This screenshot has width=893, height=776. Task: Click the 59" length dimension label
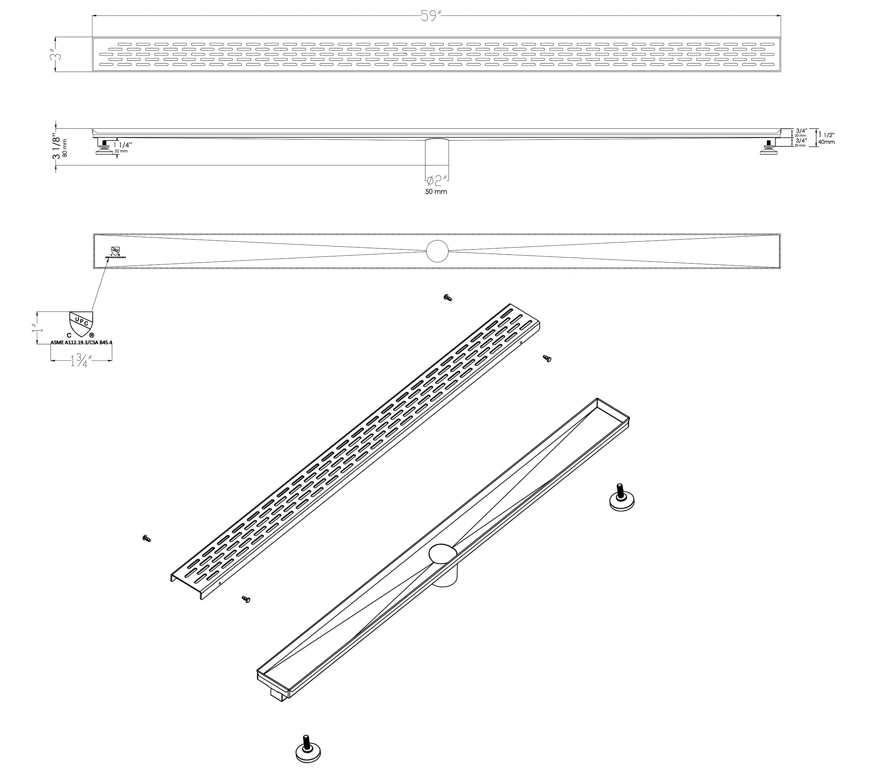431,16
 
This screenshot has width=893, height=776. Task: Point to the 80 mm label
65,148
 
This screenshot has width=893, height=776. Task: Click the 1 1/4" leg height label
123,145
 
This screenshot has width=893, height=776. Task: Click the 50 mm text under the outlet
436,192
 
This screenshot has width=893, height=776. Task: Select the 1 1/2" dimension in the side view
825,135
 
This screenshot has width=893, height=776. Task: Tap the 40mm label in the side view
826,142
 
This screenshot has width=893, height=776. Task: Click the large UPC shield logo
81,324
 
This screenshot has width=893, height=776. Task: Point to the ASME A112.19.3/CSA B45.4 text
82,343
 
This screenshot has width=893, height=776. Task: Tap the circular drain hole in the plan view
437,251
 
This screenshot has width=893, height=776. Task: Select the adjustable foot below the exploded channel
308,751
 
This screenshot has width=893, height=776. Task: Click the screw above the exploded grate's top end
448,298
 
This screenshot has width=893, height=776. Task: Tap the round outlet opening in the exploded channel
442,553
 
